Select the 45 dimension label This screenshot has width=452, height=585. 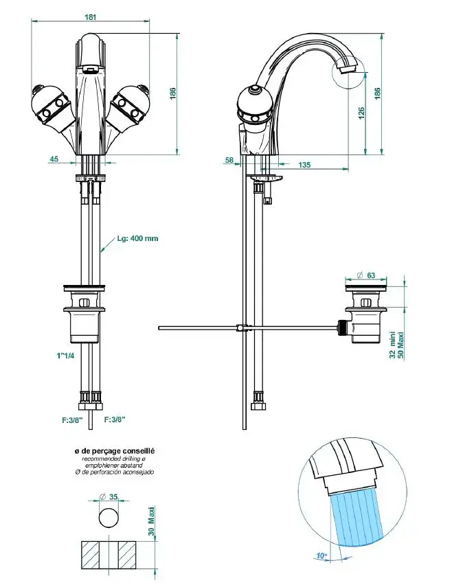54,159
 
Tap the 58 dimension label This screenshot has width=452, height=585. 229,160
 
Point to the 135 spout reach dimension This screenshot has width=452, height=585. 304,165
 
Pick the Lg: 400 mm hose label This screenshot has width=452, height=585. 137,238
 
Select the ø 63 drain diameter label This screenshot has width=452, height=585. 366,276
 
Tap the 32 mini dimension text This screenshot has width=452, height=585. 392,341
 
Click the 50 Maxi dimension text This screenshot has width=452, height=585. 402,341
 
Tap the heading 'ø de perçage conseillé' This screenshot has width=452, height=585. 115,451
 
